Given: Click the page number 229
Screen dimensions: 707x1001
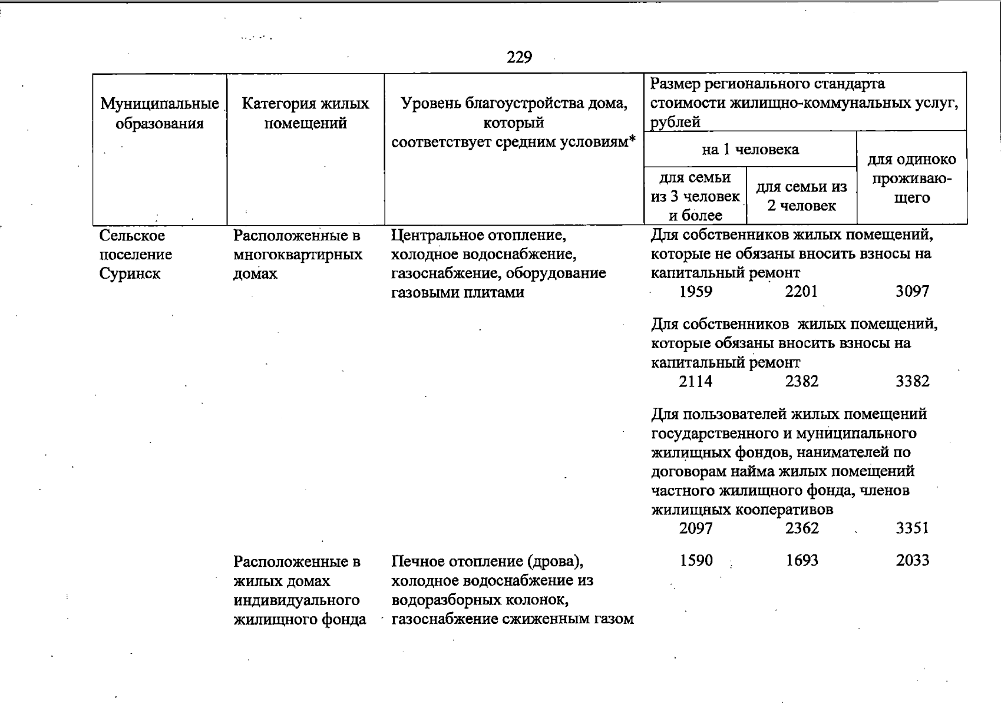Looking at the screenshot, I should pyautogui.click(x=519, y=57).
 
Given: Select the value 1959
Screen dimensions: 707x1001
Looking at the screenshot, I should pyautogui.click(x=695, y=292).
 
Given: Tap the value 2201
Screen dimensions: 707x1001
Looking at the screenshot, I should pyautogui.click(x=801, y=292).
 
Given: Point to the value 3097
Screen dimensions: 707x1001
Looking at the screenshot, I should pyautogui.click(x=912, y=292).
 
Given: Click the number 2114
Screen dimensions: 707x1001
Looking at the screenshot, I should pyautogui.click(x=695, y=382).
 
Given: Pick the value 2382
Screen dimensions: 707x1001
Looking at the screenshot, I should pyautogui.click(x=801, y=382).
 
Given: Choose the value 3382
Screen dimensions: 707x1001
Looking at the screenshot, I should pyautogui.click(x=912, y=382).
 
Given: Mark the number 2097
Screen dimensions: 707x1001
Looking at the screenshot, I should pyautogui.click(x=695, y=528).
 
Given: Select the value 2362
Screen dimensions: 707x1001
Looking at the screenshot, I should pyautogui.click(x=801, y=528).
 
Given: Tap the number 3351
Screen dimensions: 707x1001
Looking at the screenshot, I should pyautogui.click(x=912, y=528).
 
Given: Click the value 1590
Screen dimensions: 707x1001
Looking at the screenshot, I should pyautogui.click(x=696, y=560).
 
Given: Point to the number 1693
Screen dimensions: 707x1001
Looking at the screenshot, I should pyautogui.click(x=801, y=560).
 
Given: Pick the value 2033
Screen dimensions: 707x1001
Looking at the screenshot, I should pyautogui.click(x=912, y=560).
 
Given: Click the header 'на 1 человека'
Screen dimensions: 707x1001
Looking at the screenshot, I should pyautogui.click(x=750, y=150).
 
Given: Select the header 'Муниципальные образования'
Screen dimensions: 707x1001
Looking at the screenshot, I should pyautogui.click(x=160, y=114).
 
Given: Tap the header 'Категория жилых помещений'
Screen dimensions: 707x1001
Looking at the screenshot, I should pyautogui.click(x=305, y=114).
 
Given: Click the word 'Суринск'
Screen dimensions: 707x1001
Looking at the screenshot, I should pyautogui.click(x=130, y=274).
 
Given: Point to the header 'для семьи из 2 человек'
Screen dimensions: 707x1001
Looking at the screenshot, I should pyautogui.click(x=801, y=196).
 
